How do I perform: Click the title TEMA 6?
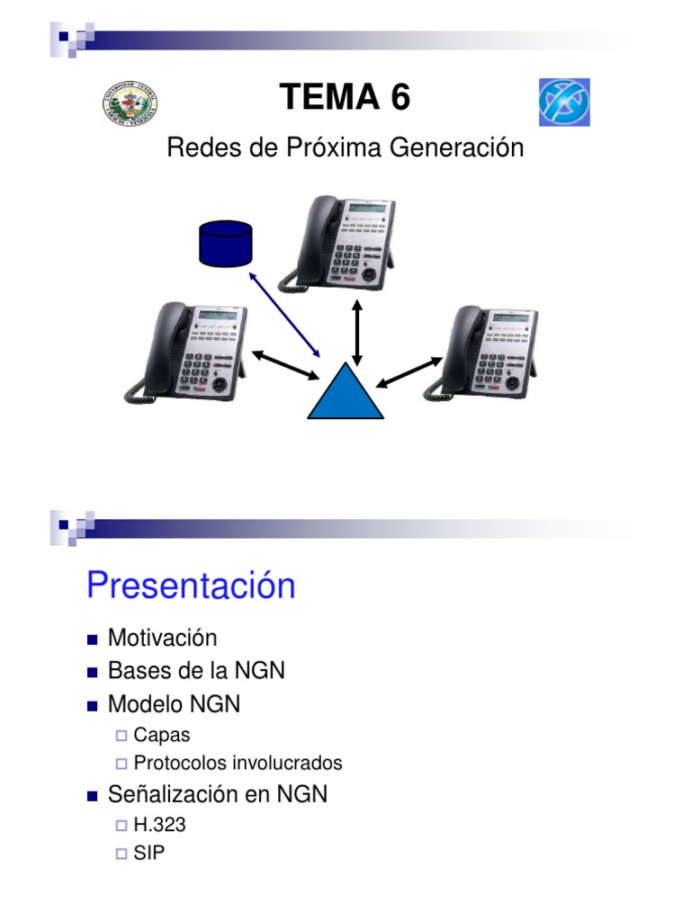click(x=345, y=97)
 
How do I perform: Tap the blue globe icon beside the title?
click(x=564, y=103)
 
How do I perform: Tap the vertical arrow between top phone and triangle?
click(x=358, y=333)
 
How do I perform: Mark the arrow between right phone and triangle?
click(x=409, y=371)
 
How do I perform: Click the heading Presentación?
click(x=191, y=586)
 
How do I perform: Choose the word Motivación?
click(x=163, y=638)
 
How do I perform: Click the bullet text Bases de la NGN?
click(x=196, y=671)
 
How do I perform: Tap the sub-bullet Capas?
click(x=162, y=735)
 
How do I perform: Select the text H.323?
click(x=160, y=825)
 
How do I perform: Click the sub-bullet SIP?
click(x=149, y=853)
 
